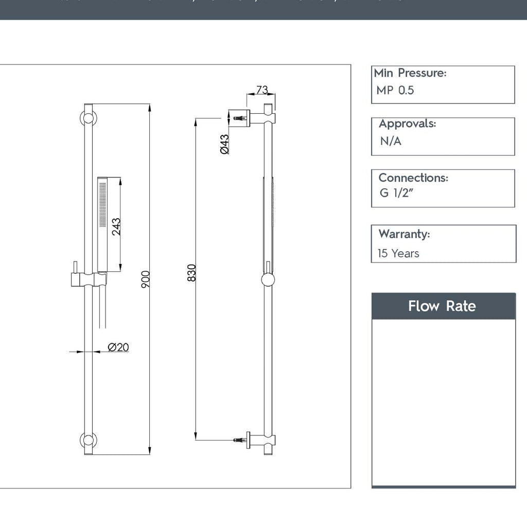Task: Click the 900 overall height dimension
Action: (x=145, y=279)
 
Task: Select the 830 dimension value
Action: (x=191, y=272)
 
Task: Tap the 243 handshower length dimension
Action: (x=116, y=226)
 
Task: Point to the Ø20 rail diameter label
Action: (x=118, y=347)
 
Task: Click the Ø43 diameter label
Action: (x=224, y=144)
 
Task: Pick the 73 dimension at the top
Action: (x=262, y=90)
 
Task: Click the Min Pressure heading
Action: (x=410, y=73)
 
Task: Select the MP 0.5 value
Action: (x=395, y=91)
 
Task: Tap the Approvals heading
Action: (x=407, y=124)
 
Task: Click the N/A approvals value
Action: (x=391, y=141)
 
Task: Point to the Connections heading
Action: (x=413, y=178)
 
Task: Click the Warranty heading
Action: (x=404, y=234)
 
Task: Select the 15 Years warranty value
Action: (x=398, y=253)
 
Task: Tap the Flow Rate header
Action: (x=443, y=306)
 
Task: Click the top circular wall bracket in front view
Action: (x=88, y=118)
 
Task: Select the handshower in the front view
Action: (x=102, y=224)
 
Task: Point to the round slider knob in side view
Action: (x=268, y=280)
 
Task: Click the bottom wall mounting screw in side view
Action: (x=240, y=440)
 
